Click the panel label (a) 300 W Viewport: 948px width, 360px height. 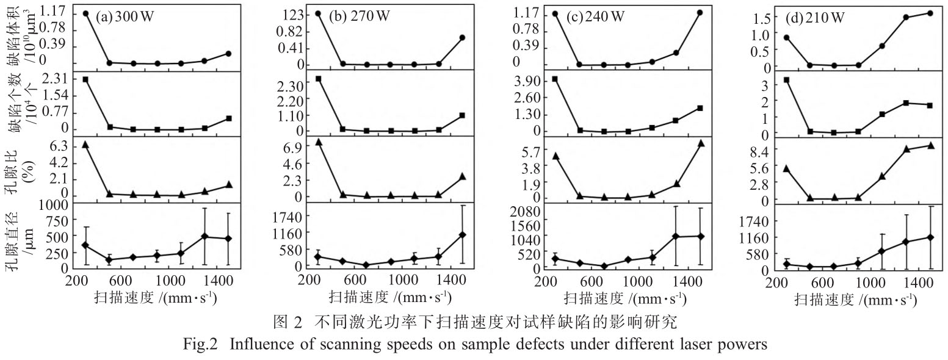pos(125,16)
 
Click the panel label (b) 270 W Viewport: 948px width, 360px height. pos(361,16)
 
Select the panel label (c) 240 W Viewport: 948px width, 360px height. pos(595,16)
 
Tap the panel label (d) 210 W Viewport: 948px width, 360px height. pos(816,18)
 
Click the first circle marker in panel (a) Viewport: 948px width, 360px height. pos(85,13)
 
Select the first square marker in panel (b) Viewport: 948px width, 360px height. pos(319,79)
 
